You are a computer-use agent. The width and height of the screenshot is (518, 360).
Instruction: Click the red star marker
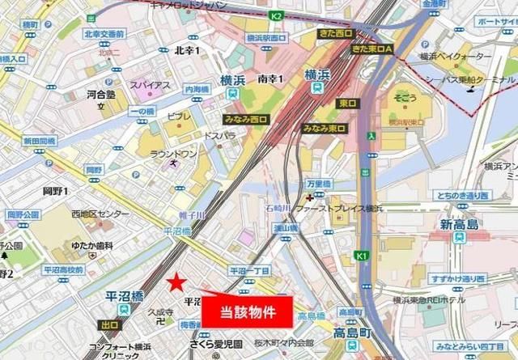coord(176,282)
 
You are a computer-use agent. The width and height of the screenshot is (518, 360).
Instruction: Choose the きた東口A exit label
coord(372,49)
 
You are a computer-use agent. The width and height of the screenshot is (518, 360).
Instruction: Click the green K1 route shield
coord(361,256)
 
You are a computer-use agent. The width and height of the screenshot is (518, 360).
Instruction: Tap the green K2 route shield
coord(276,15)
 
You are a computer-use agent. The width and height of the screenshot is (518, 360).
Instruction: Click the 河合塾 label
coord(101,95)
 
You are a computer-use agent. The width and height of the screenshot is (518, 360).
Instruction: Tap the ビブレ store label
coord(180,116)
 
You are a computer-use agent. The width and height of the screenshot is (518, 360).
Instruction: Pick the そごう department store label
coord(406,98)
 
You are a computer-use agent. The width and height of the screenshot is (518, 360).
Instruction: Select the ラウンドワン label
coord(174,153)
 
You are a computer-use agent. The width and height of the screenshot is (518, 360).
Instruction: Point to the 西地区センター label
coord(100,214)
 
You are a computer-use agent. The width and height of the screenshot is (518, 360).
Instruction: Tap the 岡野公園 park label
coord(23,214)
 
